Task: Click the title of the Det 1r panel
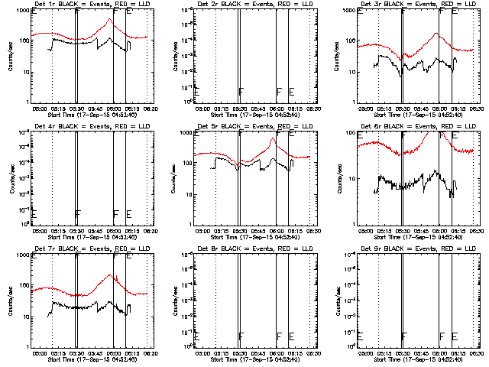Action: pos(92,5)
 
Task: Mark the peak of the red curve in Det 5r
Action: pos(273,138)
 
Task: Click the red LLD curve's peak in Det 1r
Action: pos(109,20)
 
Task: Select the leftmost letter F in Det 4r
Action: pos(78,214)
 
